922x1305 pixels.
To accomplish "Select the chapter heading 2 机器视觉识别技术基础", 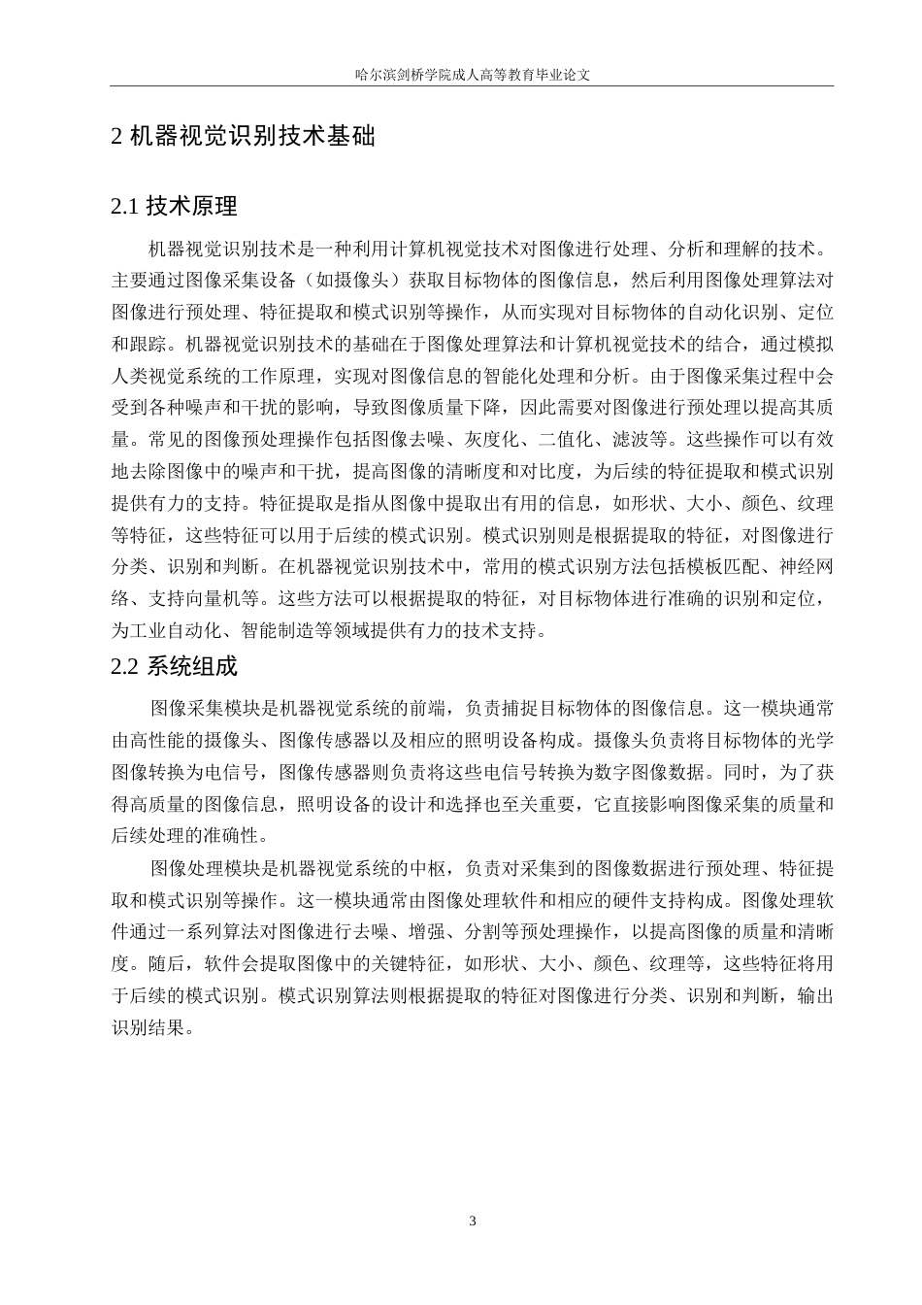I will pos(243,137).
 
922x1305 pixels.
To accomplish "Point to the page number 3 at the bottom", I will pos(473,1221).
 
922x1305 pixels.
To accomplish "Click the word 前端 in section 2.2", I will pos(436,708).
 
